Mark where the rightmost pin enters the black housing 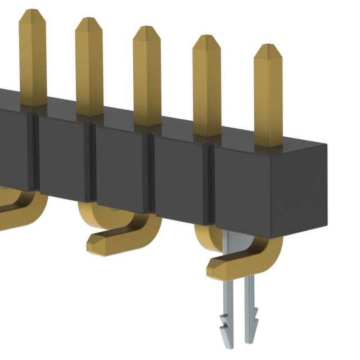[x=268, y=145]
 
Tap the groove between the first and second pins [x=35, y=152]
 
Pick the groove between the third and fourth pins [x=150, y=174]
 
